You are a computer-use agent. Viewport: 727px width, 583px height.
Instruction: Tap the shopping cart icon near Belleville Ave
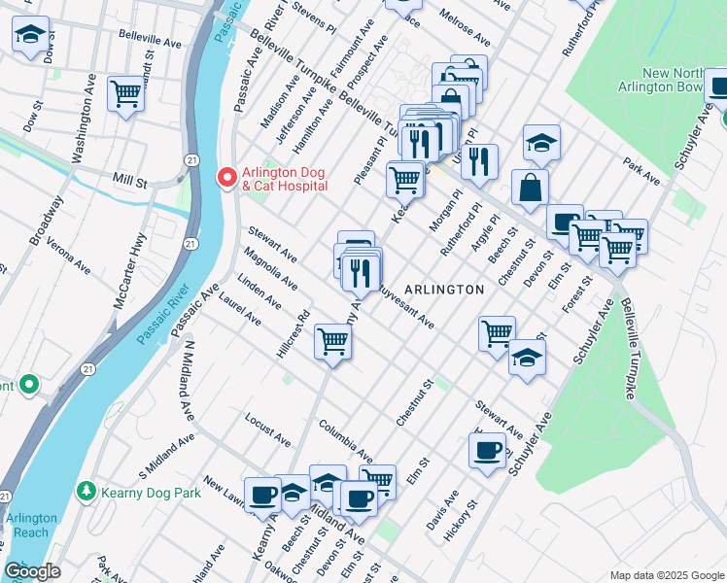tap(126, 93)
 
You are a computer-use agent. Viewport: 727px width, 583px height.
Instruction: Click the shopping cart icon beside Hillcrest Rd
tap(332, 342)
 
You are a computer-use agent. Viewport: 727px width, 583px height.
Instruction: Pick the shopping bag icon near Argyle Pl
tap(530, 188)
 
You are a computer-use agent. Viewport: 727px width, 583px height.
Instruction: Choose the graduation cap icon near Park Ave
tap(541, 144)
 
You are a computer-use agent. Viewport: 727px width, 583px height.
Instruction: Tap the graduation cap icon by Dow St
tap(31, 35)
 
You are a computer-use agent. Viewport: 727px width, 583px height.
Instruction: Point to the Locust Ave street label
tap(268, 432)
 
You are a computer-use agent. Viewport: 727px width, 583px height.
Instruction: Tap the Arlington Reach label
tap(32, 525)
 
